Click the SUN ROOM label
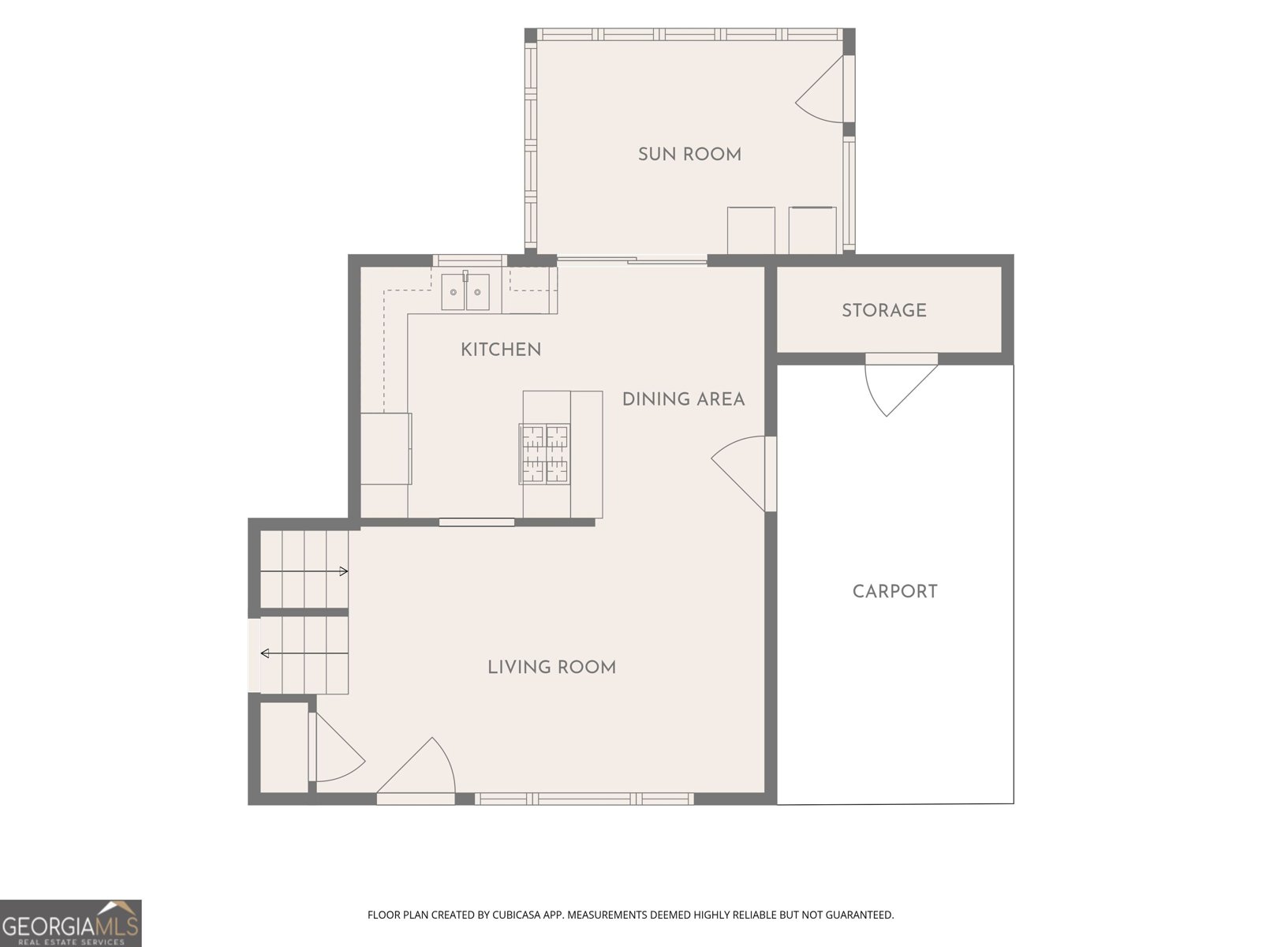tap(689, 154)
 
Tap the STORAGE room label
tap(884, 310)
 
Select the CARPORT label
tap(894, 591)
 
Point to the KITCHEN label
tap(501, 350)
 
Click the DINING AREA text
tap(684, 399)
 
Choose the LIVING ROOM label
tap(552, 667)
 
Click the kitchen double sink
tap(465, 291)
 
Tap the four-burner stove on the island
tap(544, 454)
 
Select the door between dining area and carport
tap(741, 473)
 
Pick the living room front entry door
tap(416, 768)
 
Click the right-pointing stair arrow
tap(304, 571)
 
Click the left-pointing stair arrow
tap(304, 653)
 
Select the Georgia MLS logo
tap(70, 923)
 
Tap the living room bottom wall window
tap(584, 799)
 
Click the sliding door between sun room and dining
tap(632, 261)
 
